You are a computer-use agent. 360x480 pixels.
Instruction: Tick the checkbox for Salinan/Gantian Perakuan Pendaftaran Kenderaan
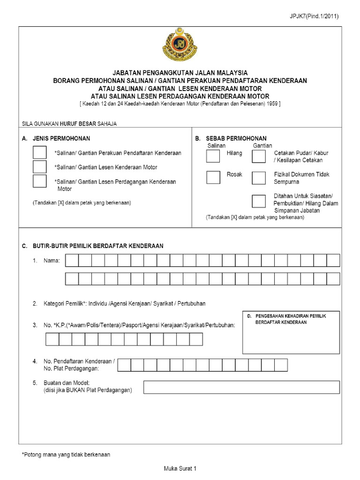(x=40, y=153)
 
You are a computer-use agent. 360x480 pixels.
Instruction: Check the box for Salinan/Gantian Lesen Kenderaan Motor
(x=40, y=167)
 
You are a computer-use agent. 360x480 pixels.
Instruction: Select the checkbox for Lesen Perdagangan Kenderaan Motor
(x=40, y=181)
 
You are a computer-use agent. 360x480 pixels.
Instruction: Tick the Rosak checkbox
(x=213, y=177)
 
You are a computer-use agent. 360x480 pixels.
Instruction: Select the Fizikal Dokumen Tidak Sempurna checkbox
(x=258, y=177)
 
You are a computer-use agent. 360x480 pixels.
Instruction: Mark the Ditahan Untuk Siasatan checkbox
(x=258, y=201)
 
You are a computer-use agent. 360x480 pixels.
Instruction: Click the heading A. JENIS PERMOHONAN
(x=56, y=138)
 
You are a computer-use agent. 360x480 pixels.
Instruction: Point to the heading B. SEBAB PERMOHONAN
(x=231, y=138)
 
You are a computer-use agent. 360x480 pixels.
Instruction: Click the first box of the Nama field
(x=72, y=260)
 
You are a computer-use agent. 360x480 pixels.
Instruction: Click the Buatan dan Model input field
(x=241, y=387)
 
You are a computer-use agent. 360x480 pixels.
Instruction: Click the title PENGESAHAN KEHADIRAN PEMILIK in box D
(x=290, y=316)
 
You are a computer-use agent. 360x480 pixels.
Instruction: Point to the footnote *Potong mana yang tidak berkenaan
(x=66, y=454)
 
